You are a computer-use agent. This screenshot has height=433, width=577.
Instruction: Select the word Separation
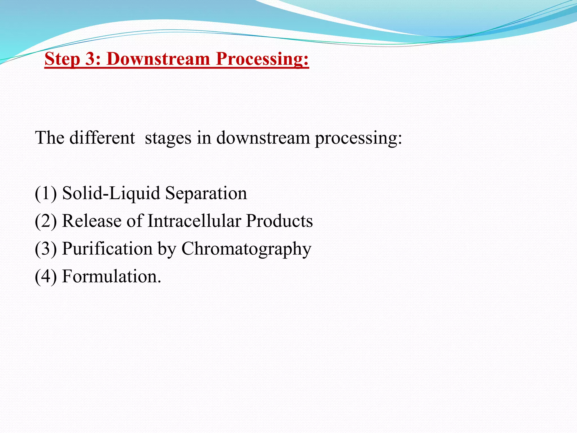click(206, 193)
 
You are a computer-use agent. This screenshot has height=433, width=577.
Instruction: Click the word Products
click(279, 221)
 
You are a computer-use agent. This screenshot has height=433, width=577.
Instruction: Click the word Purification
click(107, 249)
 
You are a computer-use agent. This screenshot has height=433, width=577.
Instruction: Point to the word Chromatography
click(246, 249)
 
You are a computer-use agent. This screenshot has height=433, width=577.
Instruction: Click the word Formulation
click(111, 276)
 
